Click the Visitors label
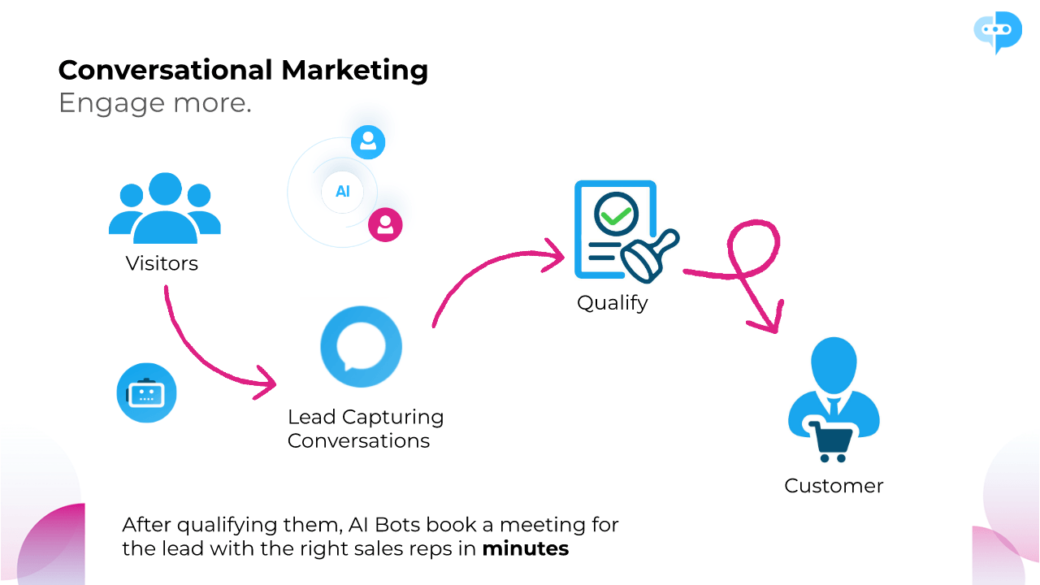pyautogui.click(x=162, y=263)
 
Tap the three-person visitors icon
pyautogui.click(x=165, y=208)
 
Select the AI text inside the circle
pyautogui.click(x=343, y=192)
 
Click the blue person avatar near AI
pyautogui.click(x=368, y=142)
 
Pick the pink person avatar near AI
pyautogui.click(x=385, y=224)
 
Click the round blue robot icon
pyautogui.click(x=146, y=393)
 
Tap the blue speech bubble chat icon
pyautogui.click(x=361, y=348)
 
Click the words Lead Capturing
pyautogui.click(x=366, y=417)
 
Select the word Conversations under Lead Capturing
pyautogui.click(x=358, y=441)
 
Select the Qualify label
pyautogui.click(x=613, y=303)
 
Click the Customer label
pyautogui.click(x=834, y=486)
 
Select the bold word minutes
pyautogui.click(x=526, y=548)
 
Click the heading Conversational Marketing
pyautogui.click(x=243, y=70)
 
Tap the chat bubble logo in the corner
pyautogui.click(x=997, y=31)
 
